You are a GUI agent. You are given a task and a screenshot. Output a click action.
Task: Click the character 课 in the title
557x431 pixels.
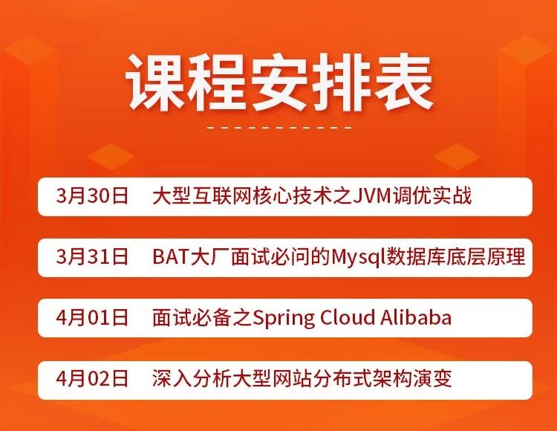click(x=157, y=83)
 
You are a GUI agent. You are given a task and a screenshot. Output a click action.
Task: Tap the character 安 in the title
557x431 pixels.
click(x=279, y=83)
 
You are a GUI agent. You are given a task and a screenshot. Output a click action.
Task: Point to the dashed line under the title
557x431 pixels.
click(x=279, y=128)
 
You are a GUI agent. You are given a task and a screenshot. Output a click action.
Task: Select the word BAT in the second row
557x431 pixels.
click(x=167, y=257)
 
